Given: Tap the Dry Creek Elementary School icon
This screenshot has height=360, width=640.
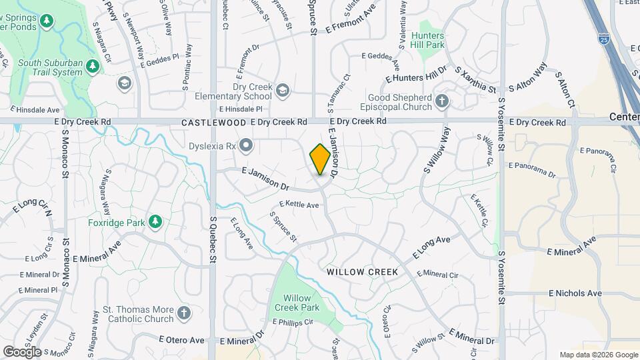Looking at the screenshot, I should [x=283, y=90].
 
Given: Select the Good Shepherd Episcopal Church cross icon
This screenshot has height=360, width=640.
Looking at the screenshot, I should [x=441, y=102].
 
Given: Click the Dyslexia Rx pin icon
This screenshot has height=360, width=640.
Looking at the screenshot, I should [x=246, y=145].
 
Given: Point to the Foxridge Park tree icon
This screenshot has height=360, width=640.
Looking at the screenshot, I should [x=155, y=221].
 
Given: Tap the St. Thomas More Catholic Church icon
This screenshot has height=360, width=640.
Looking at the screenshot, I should [x=184, y=313].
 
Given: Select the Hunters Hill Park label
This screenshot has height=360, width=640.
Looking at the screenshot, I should [x=427, y=39].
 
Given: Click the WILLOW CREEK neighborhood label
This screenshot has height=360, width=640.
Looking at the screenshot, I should [x=363, y=272].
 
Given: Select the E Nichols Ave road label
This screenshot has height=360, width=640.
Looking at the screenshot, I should [x=575, y=293].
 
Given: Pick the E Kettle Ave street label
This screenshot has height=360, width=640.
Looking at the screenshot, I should [x=299, y=205].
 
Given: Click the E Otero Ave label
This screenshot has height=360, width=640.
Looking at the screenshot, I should [x=182, y=340].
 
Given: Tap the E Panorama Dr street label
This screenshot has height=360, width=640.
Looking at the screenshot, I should [x=532, y=169].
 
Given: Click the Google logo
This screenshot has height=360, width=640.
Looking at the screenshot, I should [x=22, y=351].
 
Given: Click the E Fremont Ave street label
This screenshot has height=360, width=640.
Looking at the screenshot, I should [x=351, y=18].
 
